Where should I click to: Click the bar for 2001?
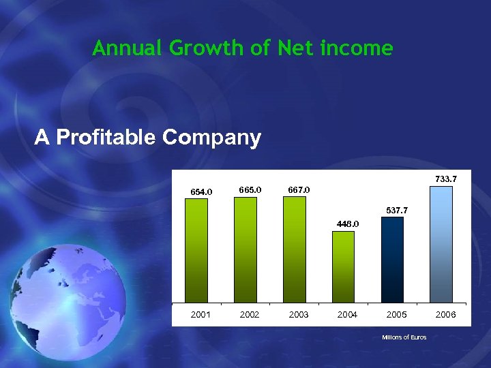197,250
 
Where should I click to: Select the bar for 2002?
245,249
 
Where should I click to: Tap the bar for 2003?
295,249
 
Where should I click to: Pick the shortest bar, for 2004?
344,266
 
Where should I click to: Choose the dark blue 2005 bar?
392,260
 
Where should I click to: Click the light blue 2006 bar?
441,244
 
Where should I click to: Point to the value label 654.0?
200,192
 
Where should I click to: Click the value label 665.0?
250,189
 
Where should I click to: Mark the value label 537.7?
396,211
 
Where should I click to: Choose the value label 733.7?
445,179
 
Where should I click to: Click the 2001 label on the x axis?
200,315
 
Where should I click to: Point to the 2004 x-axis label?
348,315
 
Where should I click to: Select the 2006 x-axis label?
445,315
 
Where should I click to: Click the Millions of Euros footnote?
404,338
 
